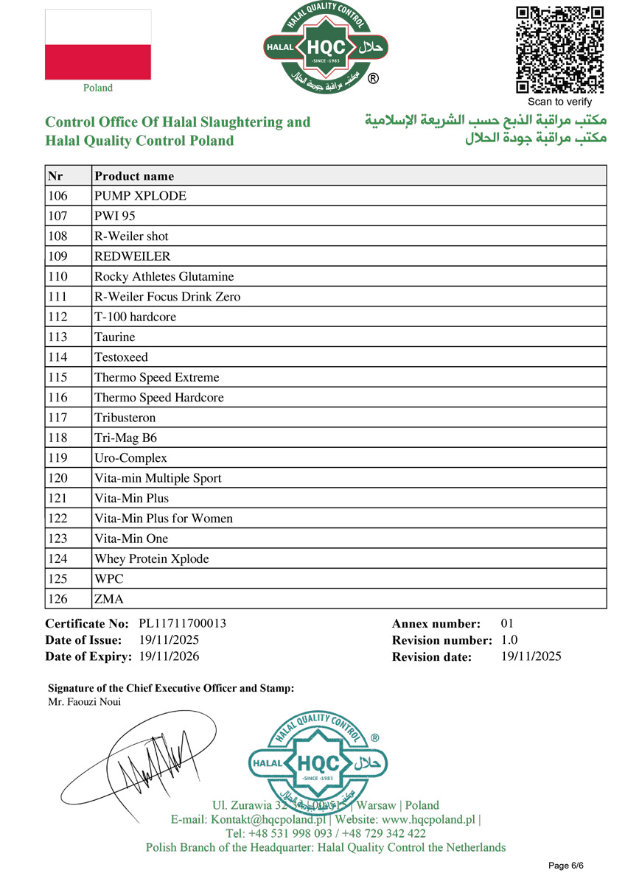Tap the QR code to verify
(x=559, y=49)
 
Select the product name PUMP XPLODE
(x=140, y=196)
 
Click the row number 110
(x=57, y=276)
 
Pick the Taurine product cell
(x=115, y=337)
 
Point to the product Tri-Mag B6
(x=126, y=438)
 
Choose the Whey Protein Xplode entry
(x=152, y=558)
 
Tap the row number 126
(x=57, y=599)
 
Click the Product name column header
(x=134, y=176)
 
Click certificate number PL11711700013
(x=182, y=623)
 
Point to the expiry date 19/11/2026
(x=169, y=656)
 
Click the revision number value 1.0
(x=509, y=640)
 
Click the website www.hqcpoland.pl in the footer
(x=427, y=819)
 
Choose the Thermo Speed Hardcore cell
(x=159, y=397)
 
